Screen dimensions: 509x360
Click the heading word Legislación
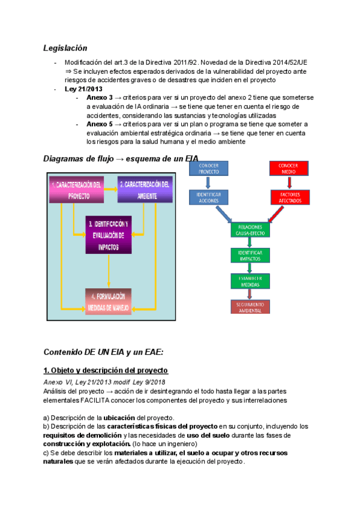(65, 47)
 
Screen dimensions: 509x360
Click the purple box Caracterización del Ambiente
(145, 189)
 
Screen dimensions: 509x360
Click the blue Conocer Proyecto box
(208, 167)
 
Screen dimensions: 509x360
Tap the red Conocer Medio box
(288, 167)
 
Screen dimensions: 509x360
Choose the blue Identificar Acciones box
(208, 198)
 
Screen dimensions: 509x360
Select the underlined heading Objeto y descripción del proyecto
(106, 370)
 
